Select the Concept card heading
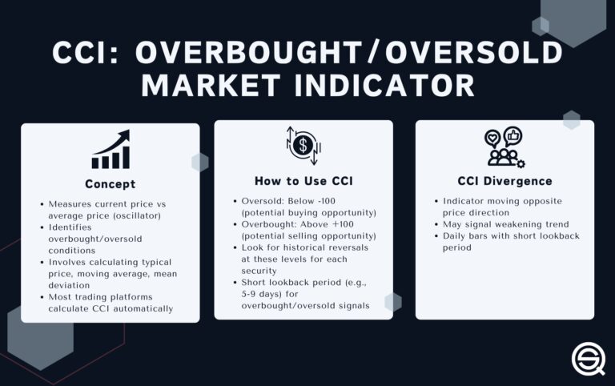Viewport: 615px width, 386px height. (111, 183)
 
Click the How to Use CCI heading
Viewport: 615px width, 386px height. (303, 180)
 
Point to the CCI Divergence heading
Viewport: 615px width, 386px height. (504, 181)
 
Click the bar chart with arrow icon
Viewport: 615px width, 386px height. (111, 150)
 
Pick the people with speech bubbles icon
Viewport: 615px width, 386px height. (504, 147)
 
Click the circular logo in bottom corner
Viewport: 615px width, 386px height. (589, 357)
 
